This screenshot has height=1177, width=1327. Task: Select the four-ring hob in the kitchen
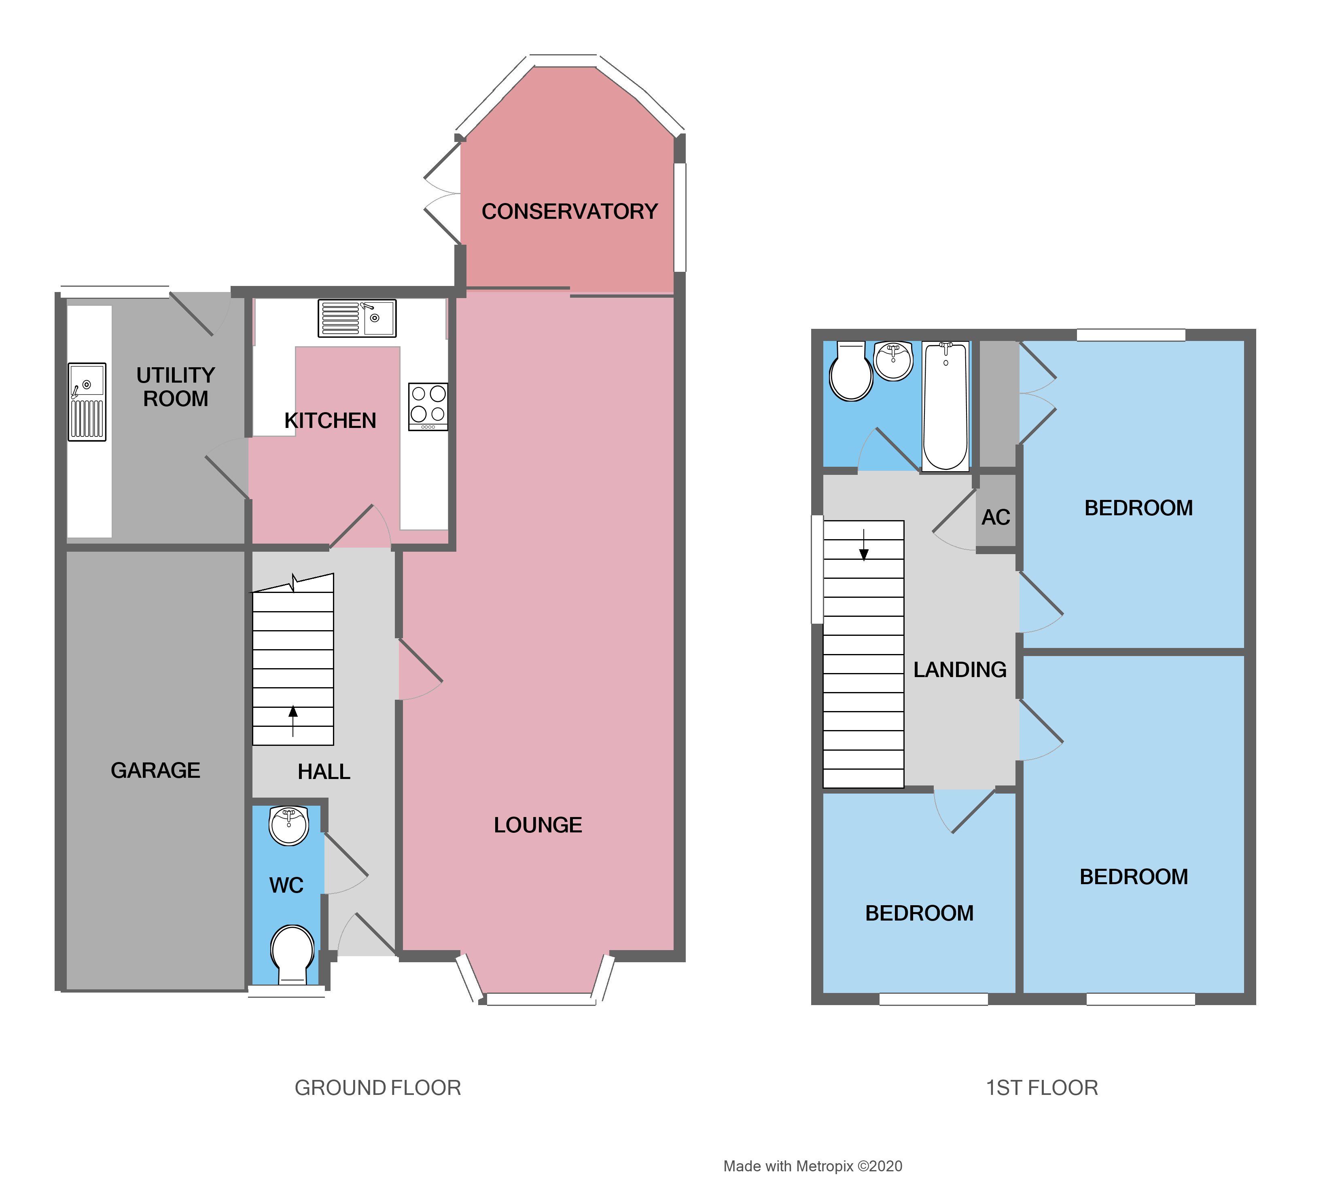coord(428,406)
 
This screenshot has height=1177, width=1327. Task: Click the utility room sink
coord(87,402)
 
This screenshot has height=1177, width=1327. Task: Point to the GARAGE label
coord(155,770)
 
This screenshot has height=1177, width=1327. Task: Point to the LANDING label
coord(960,669)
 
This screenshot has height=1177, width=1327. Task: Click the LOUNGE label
coord(538,825)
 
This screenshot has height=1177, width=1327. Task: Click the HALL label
coord(324,771)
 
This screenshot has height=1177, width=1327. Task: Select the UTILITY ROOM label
coord(175,387)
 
